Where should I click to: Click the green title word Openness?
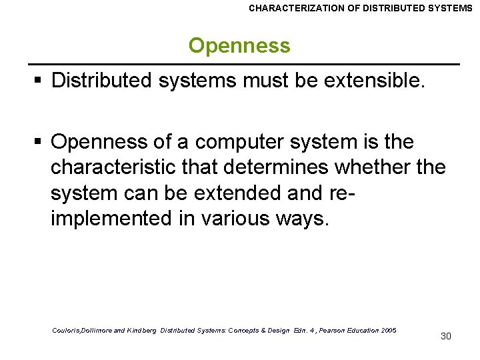tap(239, 45)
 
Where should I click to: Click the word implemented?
tap(111, 218)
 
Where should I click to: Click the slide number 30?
tap(446, 336)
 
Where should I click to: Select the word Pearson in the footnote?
tap(323, 331)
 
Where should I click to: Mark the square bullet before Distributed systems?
tap(39, 81)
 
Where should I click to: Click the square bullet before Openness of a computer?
tap(39, 143)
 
